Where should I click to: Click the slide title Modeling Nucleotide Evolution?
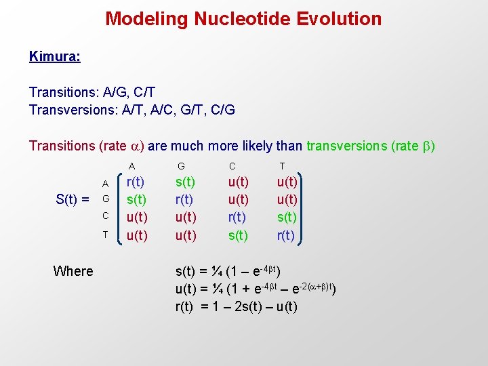pos(243,18)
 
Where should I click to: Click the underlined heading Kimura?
pos(54,56)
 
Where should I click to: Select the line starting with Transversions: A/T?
pos(132,109)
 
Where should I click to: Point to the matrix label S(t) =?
pos(72,199)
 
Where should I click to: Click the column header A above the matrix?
pos(132,166)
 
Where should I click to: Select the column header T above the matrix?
pos(283,166)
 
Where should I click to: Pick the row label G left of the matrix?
pos(105,199)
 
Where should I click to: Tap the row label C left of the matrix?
pos(105,216)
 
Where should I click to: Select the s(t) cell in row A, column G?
pos(185,182)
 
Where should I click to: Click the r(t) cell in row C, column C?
pos(238,218)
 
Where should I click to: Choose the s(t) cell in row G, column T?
pos(286,218)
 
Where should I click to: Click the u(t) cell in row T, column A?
pos(137,235)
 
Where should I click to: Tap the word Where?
pos(73,271)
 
